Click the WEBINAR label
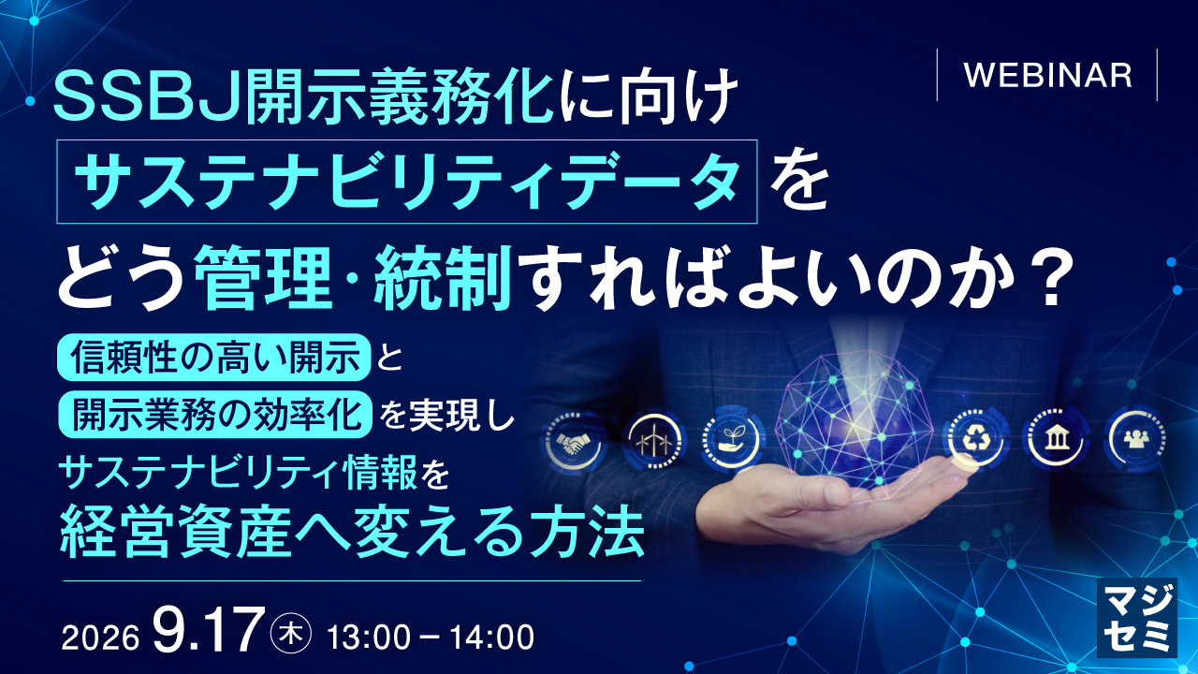pos(1047,76)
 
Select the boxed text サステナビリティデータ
pos(406,182)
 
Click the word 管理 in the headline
pos(261,278)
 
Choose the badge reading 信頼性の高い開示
pos(214,357)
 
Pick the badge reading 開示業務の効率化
pos(214,414)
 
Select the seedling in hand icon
pos(732,440)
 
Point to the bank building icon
pos(1054,440)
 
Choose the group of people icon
pos(1136,440)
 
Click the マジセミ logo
pos(1137,617)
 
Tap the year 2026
pos(100,638)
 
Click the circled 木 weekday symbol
pos(291,635)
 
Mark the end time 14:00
pos(491,637)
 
